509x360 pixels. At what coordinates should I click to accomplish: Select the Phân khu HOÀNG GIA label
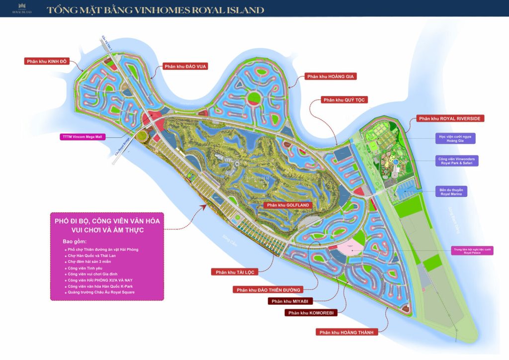332,76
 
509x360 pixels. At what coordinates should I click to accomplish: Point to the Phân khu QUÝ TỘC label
344,100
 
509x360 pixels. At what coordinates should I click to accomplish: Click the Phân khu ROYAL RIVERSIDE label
451,118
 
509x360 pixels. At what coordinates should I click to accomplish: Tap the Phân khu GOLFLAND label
288,205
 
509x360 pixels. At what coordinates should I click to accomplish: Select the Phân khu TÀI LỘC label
236,272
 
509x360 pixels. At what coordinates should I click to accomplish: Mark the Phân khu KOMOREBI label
311,313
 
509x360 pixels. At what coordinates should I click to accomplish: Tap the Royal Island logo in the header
22,8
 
